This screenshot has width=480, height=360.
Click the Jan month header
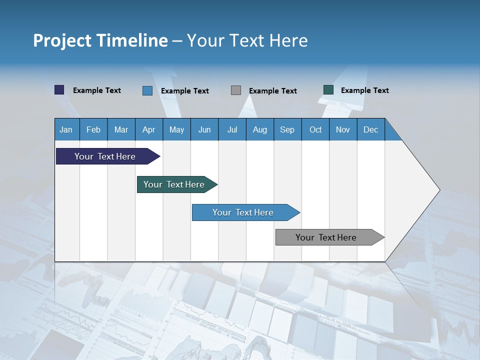(66, 130)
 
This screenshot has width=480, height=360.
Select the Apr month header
(148, 130)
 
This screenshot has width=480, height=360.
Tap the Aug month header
(259, 130)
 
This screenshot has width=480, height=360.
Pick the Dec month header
(370, 130)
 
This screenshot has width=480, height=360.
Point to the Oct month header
(315, 130)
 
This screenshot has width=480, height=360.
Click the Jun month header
(204, 130)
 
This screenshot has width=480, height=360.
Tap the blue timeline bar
(243, 212)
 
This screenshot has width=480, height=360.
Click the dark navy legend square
(59, 90)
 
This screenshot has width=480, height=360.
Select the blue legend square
(147, 90)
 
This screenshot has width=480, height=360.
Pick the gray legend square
(236, 90)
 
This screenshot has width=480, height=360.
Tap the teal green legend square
(328, 90)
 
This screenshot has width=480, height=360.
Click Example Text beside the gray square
(273, 91)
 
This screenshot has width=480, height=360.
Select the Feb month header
(93, 130)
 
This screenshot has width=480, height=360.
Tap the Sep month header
(287, 130)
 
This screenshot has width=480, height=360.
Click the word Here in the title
(288, 40)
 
